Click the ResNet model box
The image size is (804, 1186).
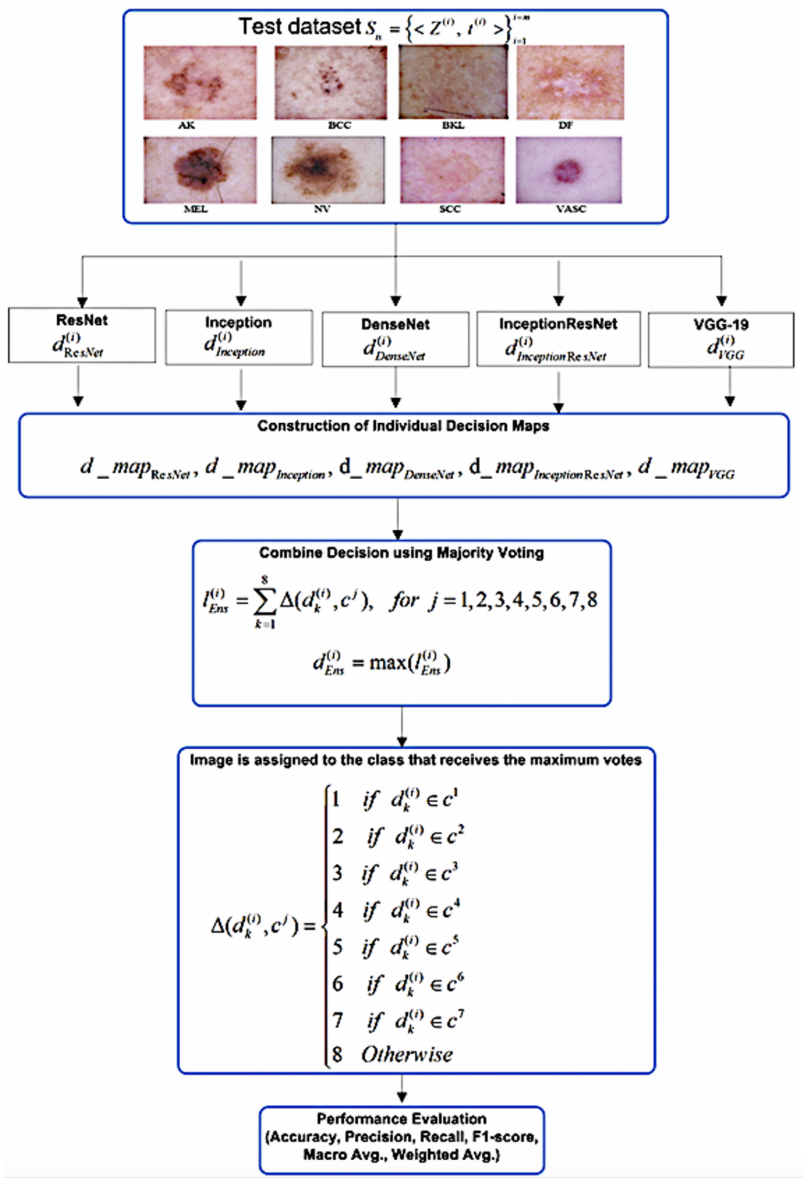tap(82, 335)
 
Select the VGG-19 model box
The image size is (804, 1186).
tap(721, 340)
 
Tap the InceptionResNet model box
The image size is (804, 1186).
tap(558, 339)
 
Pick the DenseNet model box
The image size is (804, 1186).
tap(396, 340)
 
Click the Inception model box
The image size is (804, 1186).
tap(239, 337)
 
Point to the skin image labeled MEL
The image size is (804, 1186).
tap(200, 170)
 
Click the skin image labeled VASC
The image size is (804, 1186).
tap(569, 170)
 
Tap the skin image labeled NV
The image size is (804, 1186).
tap(328, 170)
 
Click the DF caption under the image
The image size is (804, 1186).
tap(565, 125)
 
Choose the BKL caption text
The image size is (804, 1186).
tap(453, 125)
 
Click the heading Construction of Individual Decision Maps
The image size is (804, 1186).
tap(403, 426)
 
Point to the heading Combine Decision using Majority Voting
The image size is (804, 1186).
tap(401, 552)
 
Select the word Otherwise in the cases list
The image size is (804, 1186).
tap(407, 1054)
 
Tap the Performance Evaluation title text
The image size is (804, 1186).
tap(401, 1118)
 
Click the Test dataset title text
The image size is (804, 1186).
tap(300, 26)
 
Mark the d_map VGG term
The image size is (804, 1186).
tap(686, 469)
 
